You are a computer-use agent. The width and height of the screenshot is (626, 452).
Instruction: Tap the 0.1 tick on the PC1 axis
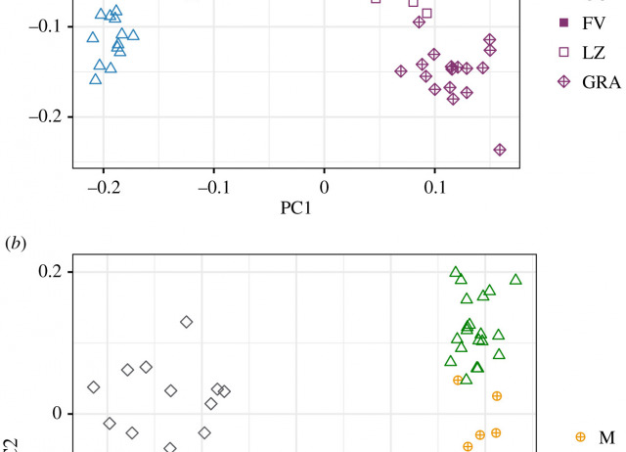(434, 186)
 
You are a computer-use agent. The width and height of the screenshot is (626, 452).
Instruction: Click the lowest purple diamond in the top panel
(500, 150)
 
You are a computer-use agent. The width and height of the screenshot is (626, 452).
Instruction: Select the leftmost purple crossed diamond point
(401, 70)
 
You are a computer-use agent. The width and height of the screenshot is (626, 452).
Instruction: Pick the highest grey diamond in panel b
(186, 322)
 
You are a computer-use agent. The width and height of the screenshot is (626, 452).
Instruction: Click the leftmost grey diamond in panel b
(94, 387)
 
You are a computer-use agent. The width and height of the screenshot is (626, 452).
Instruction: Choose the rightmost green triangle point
(515, 280)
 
